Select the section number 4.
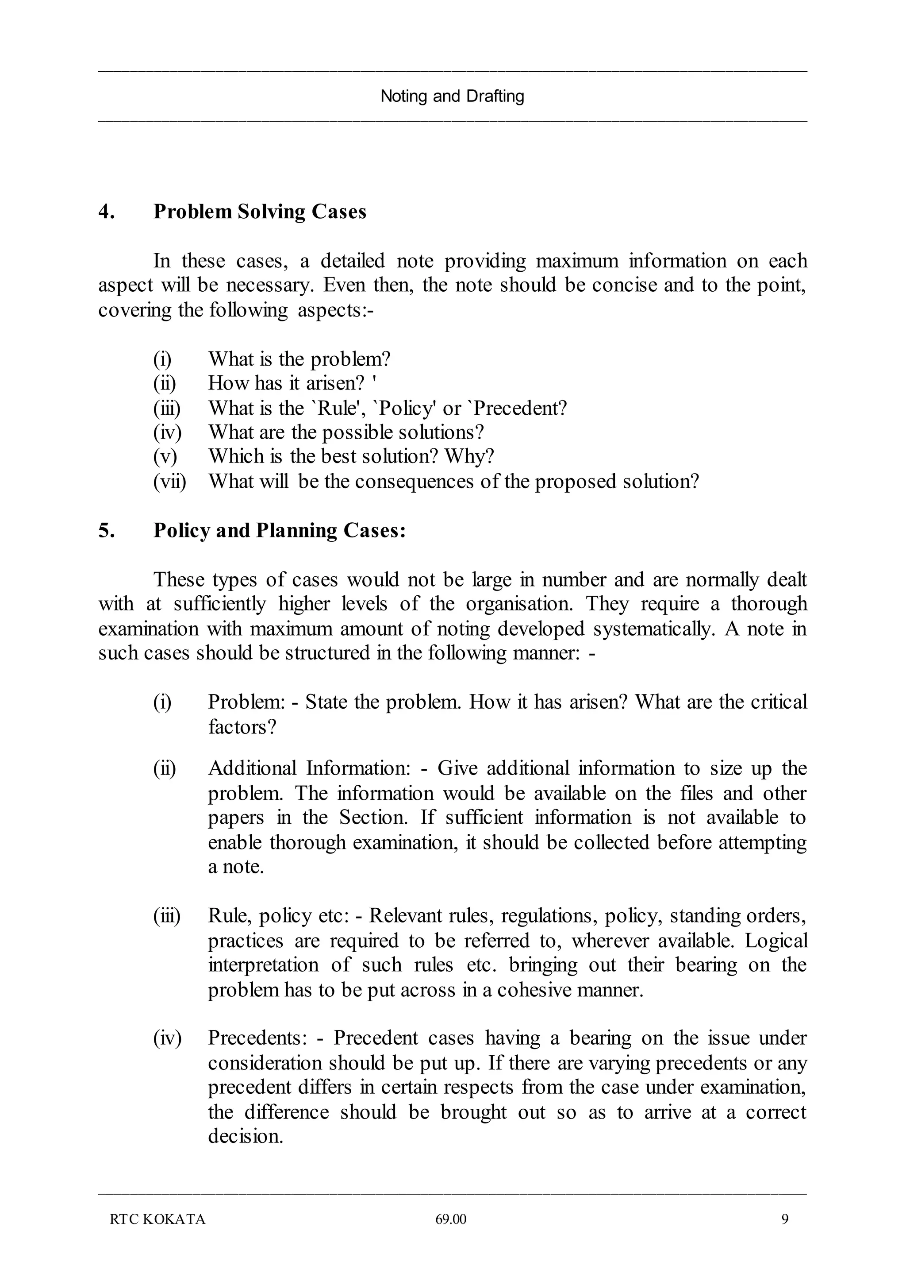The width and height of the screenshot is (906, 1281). coord(107,212)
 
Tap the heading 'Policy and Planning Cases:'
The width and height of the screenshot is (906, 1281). coord(280,530)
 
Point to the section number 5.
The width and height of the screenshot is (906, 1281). coord(107,530)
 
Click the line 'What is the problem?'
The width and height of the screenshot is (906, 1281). coord(299,359)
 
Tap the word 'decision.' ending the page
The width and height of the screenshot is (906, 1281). coord(246,1136)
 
